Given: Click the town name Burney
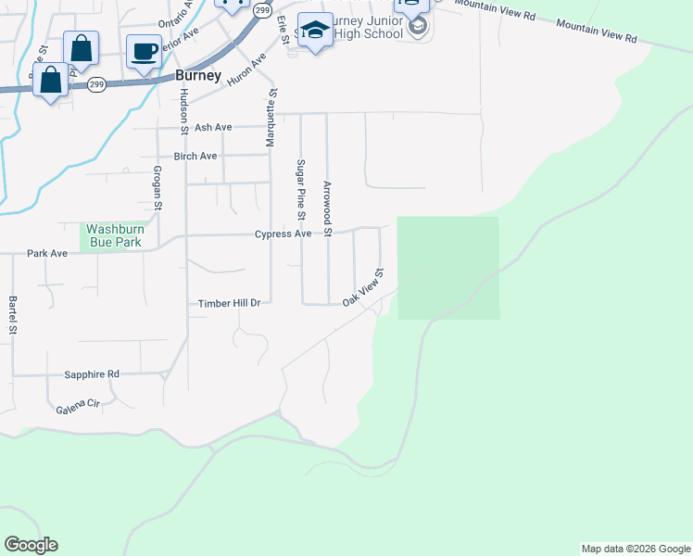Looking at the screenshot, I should click(198, 76).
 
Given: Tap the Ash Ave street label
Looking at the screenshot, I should click(213, 127).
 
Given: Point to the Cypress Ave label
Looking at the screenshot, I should click(283, 234).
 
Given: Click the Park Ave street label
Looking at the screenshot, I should click(47, 253).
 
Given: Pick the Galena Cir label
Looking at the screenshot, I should click(78, 406).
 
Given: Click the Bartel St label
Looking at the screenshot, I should click(13, 315).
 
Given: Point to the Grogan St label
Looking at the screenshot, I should click(157, 188).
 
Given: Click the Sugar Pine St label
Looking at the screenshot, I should click(300, 189).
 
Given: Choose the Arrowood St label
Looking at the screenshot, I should click(327, 201).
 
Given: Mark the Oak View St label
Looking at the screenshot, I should click(363, 288).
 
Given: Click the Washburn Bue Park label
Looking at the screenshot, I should click(114, 235).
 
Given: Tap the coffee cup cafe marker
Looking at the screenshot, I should click(144, 51).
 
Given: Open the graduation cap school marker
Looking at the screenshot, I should click(315, 31).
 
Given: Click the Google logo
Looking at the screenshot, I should click(31, 545).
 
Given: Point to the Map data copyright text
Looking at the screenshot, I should click(635, 549).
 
